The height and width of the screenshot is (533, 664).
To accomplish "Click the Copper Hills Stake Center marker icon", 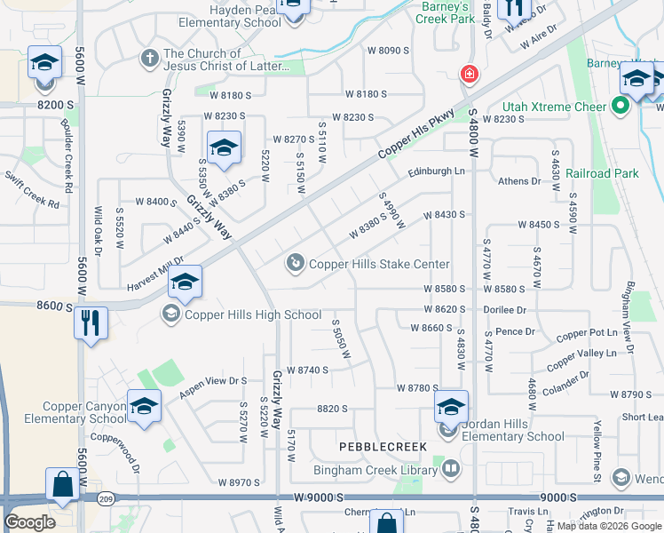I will point(295,263).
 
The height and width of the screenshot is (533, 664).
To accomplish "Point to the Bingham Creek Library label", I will point(376,470).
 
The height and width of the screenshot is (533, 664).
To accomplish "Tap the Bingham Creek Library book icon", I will point(451,467).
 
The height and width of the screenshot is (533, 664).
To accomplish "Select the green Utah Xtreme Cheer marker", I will point(621,107).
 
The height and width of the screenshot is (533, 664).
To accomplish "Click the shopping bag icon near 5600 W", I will point(61,485).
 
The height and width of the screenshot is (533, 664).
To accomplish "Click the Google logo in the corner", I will point(29,522).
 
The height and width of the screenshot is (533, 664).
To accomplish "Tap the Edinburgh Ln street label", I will point(436,171).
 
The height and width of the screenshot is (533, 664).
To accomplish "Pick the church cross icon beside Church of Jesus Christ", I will point(149,59).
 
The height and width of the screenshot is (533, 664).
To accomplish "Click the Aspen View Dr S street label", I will point(214,381).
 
